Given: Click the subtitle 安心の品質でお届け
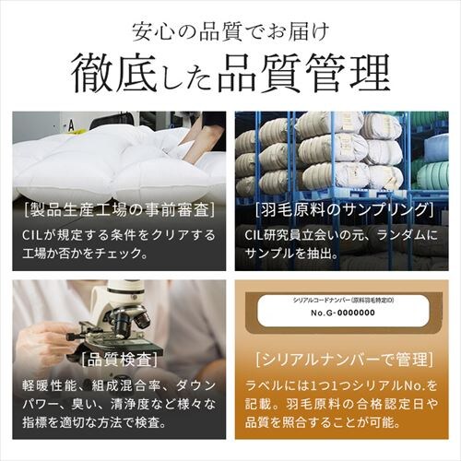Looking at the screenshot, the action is point(230,32).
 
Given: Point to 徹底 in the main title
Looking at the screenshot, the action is point(115,73).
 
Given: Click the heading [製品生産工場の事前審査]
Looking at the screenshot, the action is point(119,211).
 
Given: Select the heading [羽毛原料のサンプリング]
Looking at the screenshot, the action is point(344,211).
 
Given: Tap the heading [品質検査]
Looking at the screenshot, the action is point(119,360).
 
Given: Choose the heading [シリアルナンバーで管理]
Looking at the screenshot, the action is point(344,360).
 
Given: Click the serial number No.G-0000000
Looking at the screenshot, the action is point(343,313).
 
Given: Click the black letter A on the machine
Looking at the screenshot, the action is point(71,125).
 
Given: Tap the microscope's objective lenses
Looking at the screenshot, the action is point(132,320).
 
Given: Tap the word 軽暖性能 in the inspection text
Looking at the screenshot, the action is point(49,385).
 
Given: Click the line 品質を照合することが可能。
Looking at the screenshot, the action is point(324,423).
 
